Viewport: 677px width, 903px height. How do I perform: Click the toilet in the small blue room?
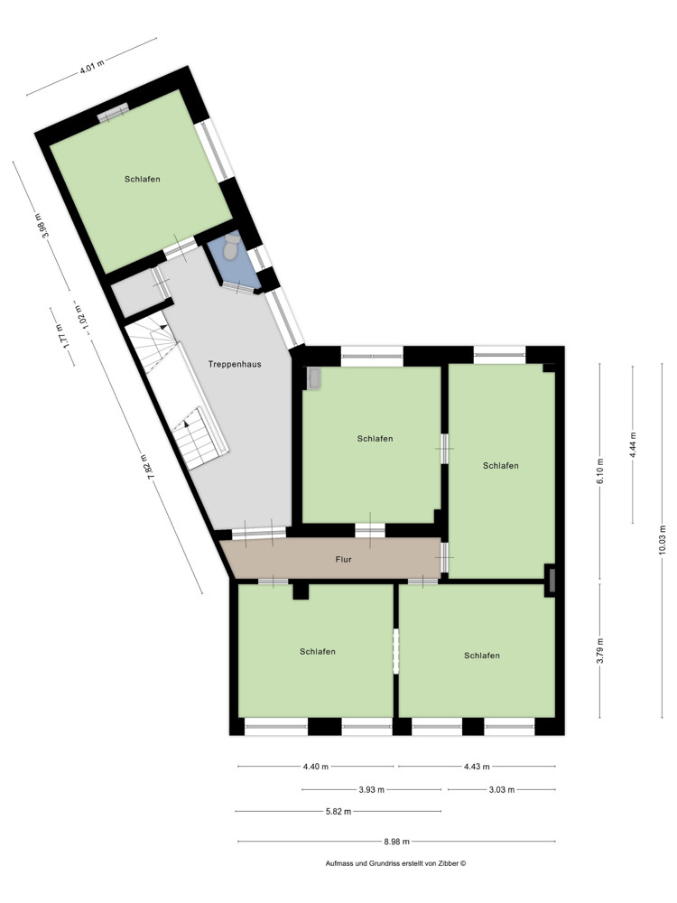point(232,247)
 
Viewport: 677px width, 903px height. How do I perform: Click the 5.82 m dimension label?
point(338,811)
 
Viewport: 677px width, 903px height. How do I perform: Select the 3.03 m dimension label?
point(501,789)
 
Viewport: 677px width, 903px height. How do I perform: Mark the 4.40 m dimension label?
point(316,767)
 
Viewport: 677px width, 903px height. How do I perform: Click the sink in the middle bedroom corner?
point(314,378)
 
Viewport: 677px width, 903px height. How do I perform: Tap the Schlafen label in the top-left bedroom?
point(143,179)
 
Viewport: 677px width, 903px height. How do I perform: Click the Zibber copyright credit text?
point(395,863)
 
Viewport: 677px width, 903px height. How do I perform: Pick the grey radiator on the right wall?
point(550,579)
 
